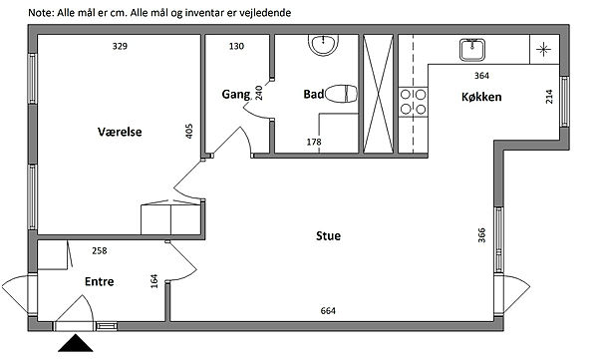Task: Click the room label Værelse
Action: tap(120, 132)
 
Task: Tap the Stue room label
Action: tap(328, 236)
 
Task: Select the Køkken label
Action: tap(481, 97)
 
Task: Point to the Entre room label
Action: tap(99, 282)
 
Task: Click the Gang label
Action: tap(236, 95)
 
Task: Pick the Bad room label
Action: tap(314, 94)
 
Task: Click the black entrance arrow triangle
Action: tap(76, 343)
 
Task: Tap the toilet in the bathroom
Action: tap(341, 94)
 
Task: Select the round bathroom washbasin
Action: tap(323, 45)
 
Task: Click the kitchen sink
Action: tap(472, 50)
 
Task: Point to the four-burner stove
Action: tap(413, 102)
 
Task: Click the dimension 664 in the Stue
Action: tap(328, 311)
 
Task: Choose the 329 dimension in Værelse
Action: tap(120, 46)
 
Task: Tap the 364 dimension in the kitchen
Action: tap(481, 76)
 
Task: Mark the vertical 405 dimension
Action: tap(188, 131)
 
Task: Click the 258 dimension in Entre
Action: tap(100, 251)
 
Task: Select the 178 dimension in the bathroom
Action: tap(314, 142)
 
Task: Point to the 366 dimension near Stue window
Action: tap(481, 235)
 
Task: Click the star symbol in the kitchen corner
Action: tap(543, 49)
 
